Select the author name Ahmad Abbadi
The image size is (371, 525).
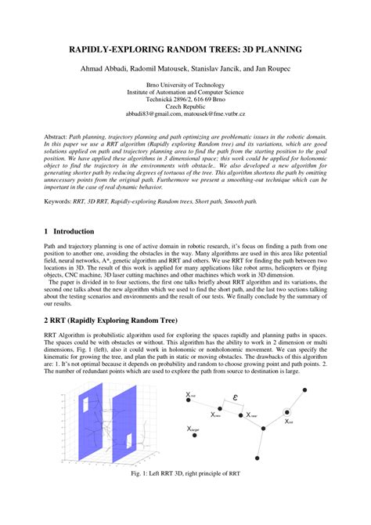coord(103,70)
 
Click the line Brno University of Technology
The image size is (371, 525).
coord(185,85)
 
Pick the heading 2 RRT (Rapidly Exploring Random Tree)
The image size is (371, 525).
coord(112,322)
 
